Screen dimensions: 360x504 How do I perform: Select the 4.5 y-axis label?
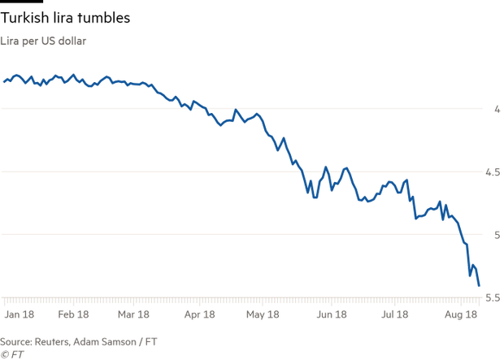[x=493, y=172]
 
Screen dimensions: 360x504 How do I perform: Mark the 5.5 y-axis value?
[x=493, y=297]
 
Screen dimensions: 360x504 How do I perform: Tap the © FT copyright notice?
[x=11, y=354]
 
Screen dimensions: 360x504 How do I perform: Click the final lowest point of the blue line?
[x=479, y=286]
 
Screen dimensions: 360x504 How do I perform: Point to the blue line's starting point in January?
[x=3, y=81]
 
